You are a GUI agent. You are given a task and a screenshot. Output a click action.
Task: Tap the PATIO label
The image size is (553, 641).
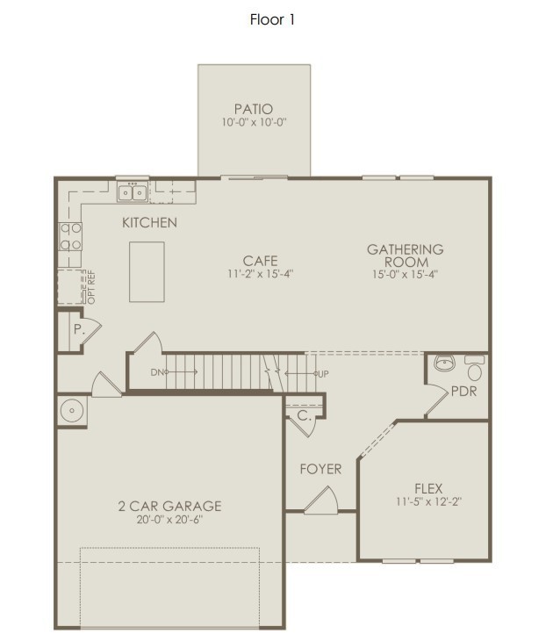[253, 109]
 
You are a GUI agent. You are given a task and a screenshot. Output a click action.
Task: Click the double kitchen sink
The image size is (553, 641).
[133, 191]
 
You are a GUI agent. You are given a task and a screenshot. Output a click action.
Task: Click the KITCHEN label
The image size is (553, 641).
[149, 223]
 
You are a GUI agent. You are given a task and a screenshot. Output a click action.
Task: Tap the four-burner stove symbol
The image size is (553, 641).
[70, 235]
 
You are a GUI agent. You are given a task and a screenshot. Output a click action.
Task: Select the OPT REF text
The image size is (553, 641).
[89, 288]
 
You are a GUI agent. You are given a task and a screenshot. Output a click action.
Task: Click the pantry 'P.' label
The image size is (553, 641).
[78, 330]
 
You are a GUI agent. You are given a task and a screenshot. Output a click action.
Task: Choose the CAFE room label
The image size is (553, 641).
[261, 261]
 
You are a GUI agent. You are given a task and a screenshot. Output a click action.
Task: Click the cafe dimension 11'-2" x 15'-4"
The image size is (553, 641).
[261, 274]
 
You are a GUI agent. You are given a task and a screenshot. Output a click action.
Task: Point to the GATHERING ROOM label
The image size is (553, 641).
[405, 256]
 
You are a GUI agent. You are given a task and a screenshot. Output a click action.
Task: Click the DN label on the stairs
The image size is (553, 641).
[157, 373]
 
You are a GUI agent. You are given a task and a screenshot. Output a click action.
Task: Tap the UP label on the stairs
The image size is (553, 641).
[322, 374]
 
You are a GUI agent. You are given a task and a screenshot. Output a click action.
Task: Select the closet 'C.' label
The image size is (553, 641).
[302, 417]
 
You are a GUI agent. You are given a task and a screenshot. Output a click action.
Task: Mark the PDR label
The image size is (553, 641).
[463, 392]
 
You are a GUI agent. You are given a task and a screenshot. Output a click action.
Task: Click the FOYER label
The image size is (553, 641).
[320, 469]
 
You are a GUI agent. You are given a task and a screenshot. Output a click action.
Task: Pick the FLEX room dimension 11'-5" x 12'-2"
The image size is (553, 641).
[427, 502]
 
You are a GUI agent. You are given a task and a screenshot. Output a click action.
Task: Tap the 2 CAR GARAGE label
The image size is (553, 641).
[169, 506]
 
